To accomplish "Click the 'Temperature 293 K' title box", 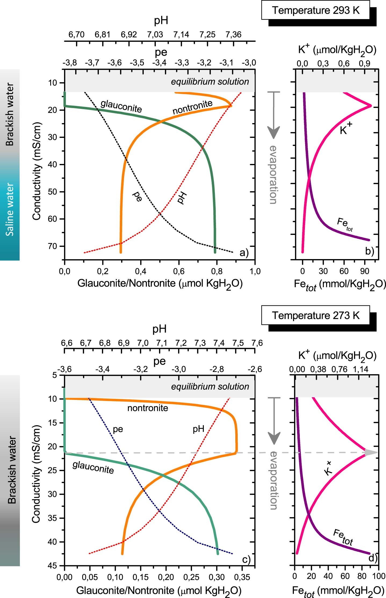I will click(315, 10).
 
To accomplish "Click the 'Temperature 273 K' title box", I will click(315, 315).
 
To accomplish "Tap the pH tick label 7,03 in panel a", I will click(155, 35).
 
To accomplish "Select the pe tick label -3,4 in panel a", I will click(160, 63).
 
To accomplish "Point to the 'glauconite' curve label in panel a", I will click(121, 106).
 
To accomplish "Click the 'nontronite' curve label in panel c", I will click(147, 408).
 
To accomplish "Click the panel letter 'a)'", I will click(244, 253).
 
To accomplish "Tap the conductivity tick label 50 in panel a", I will click(53, 192).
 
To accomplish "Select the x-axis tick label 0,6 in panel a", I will click(179, 271).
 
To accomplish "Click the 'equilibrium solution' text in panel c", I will click(210, 386).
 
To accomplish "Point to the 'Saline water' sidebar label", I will click(10, 209).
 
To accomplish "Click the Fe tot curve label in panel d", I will click(343, 538).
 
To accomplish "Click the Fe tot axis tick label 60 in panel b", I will click(344, 271).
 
